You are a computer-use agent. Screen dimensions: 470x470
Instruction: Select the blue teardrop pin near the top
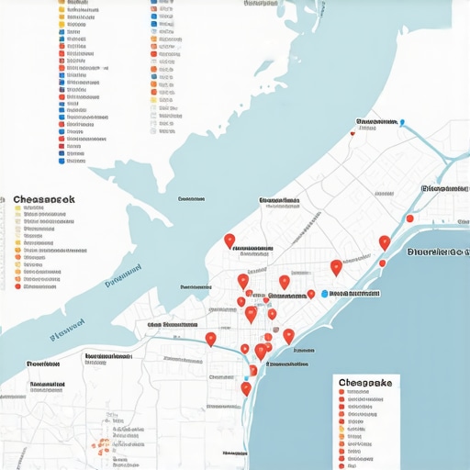pyautogui.click(x=402, y=121)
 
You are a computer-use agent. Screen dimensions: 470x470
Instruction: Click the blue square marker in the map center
pyautogui.click(x=324, y=295)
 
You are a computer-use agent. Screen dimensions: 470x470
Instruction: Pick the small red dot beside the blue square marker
pyautogui.click(x=311, y=294)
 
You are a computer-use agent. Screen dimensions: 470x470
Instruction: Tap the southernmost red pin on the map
pyautogui.click(x=246, y=388)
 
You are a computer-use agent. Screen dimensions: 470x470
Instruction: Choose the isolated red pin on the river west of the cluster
pyautogui.click(x=210, y=340)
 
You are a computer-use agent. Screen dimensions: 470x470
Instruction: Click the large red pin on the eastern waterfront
pyautogui.click(x=385, y=242)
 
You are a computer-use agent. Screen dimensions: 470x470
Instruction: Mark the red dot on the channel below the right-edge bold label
pyautogui.click(x=382, y=263)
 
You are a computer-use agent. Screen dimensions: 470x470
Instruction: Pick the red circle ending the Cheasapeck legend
pyautogui.click(x=17, y=287)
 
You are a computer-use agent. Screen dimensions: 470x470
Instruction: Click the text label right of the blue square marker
pyautogui.click(x=354, y=294)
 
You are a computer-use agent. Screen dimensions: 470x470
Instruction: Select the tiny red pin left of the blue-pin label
pyautogui.click(x=352, y=134)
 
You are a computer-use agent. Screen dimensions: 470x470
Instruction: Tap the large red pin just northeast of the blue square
pyautogui.click(x=336, y=267)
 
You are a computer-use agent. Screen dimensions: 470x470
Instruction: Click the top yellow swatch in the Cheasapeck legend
pyautogui.click(x=17, y=209)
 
